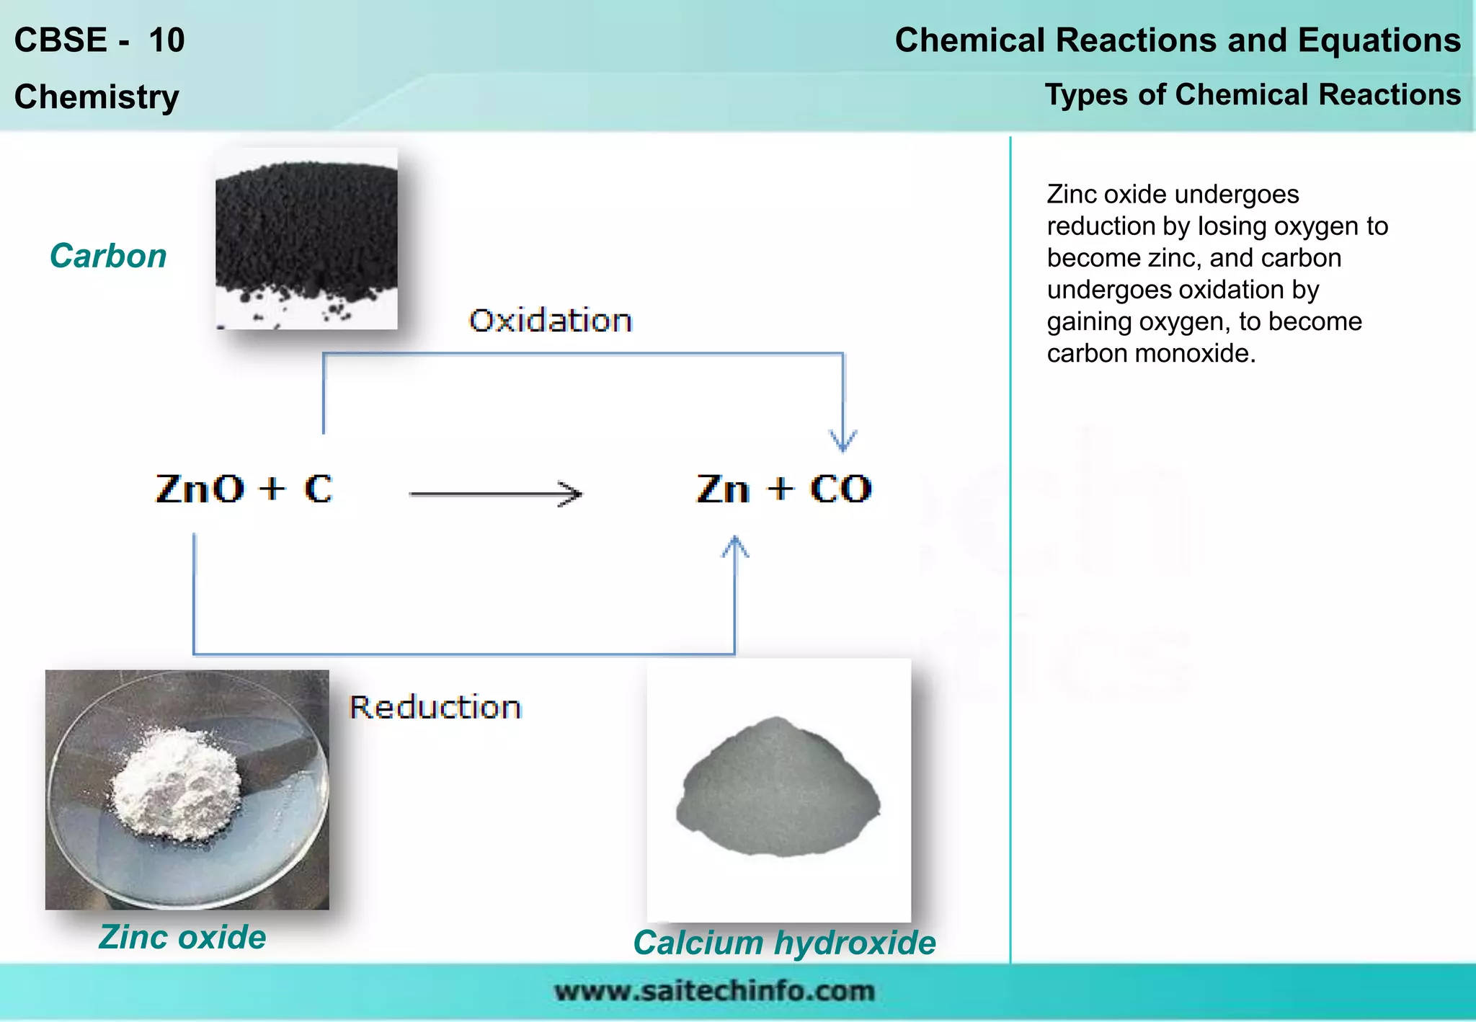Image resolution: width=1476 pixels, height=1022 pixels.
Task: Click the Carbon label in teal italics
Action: tap(108, 256)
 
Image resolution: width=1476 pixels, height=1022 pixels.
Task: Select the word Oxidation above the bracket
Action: tap(551, 321)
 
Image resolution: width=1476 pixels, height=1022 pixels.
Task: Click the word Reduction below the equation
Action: tap(435, 707)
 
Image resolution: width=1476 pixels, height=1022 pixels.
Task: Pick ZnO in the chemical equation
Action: tap(200, 489)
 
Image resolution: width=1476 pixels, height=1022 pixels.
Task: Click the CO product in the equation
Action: tap(840, 489)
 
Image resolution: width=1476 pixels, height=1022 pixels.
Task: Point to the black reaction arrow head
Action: tap(573, 494)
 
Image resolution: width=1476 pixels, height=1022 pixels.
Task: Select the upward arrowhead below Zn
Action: tap(735, 546)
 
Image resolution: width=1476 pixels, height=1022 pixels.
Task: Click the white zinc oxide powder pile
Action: tap(177, 786)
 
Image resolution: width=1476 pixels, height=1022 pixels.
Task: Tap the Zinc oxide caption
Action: tap(182, 937)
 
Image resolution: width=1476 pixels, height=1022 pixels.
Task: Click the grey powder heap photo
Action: tap(778, 789)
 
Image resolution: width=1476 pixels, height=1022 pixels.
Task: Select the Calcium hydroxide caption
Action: tap(784, 943)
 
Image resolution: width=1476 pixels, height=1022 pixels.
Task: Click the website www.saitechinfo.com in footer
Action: tap(714, 991)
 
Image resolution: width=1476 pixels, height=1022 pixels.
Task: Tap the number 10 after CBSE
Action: tap(166, 40)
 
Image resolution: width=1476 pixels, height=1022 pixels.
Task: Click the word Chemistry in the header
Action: tap(97, 97)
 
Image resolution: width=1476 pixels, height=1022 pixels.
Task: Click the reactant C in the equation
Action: tap(318, 489)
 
